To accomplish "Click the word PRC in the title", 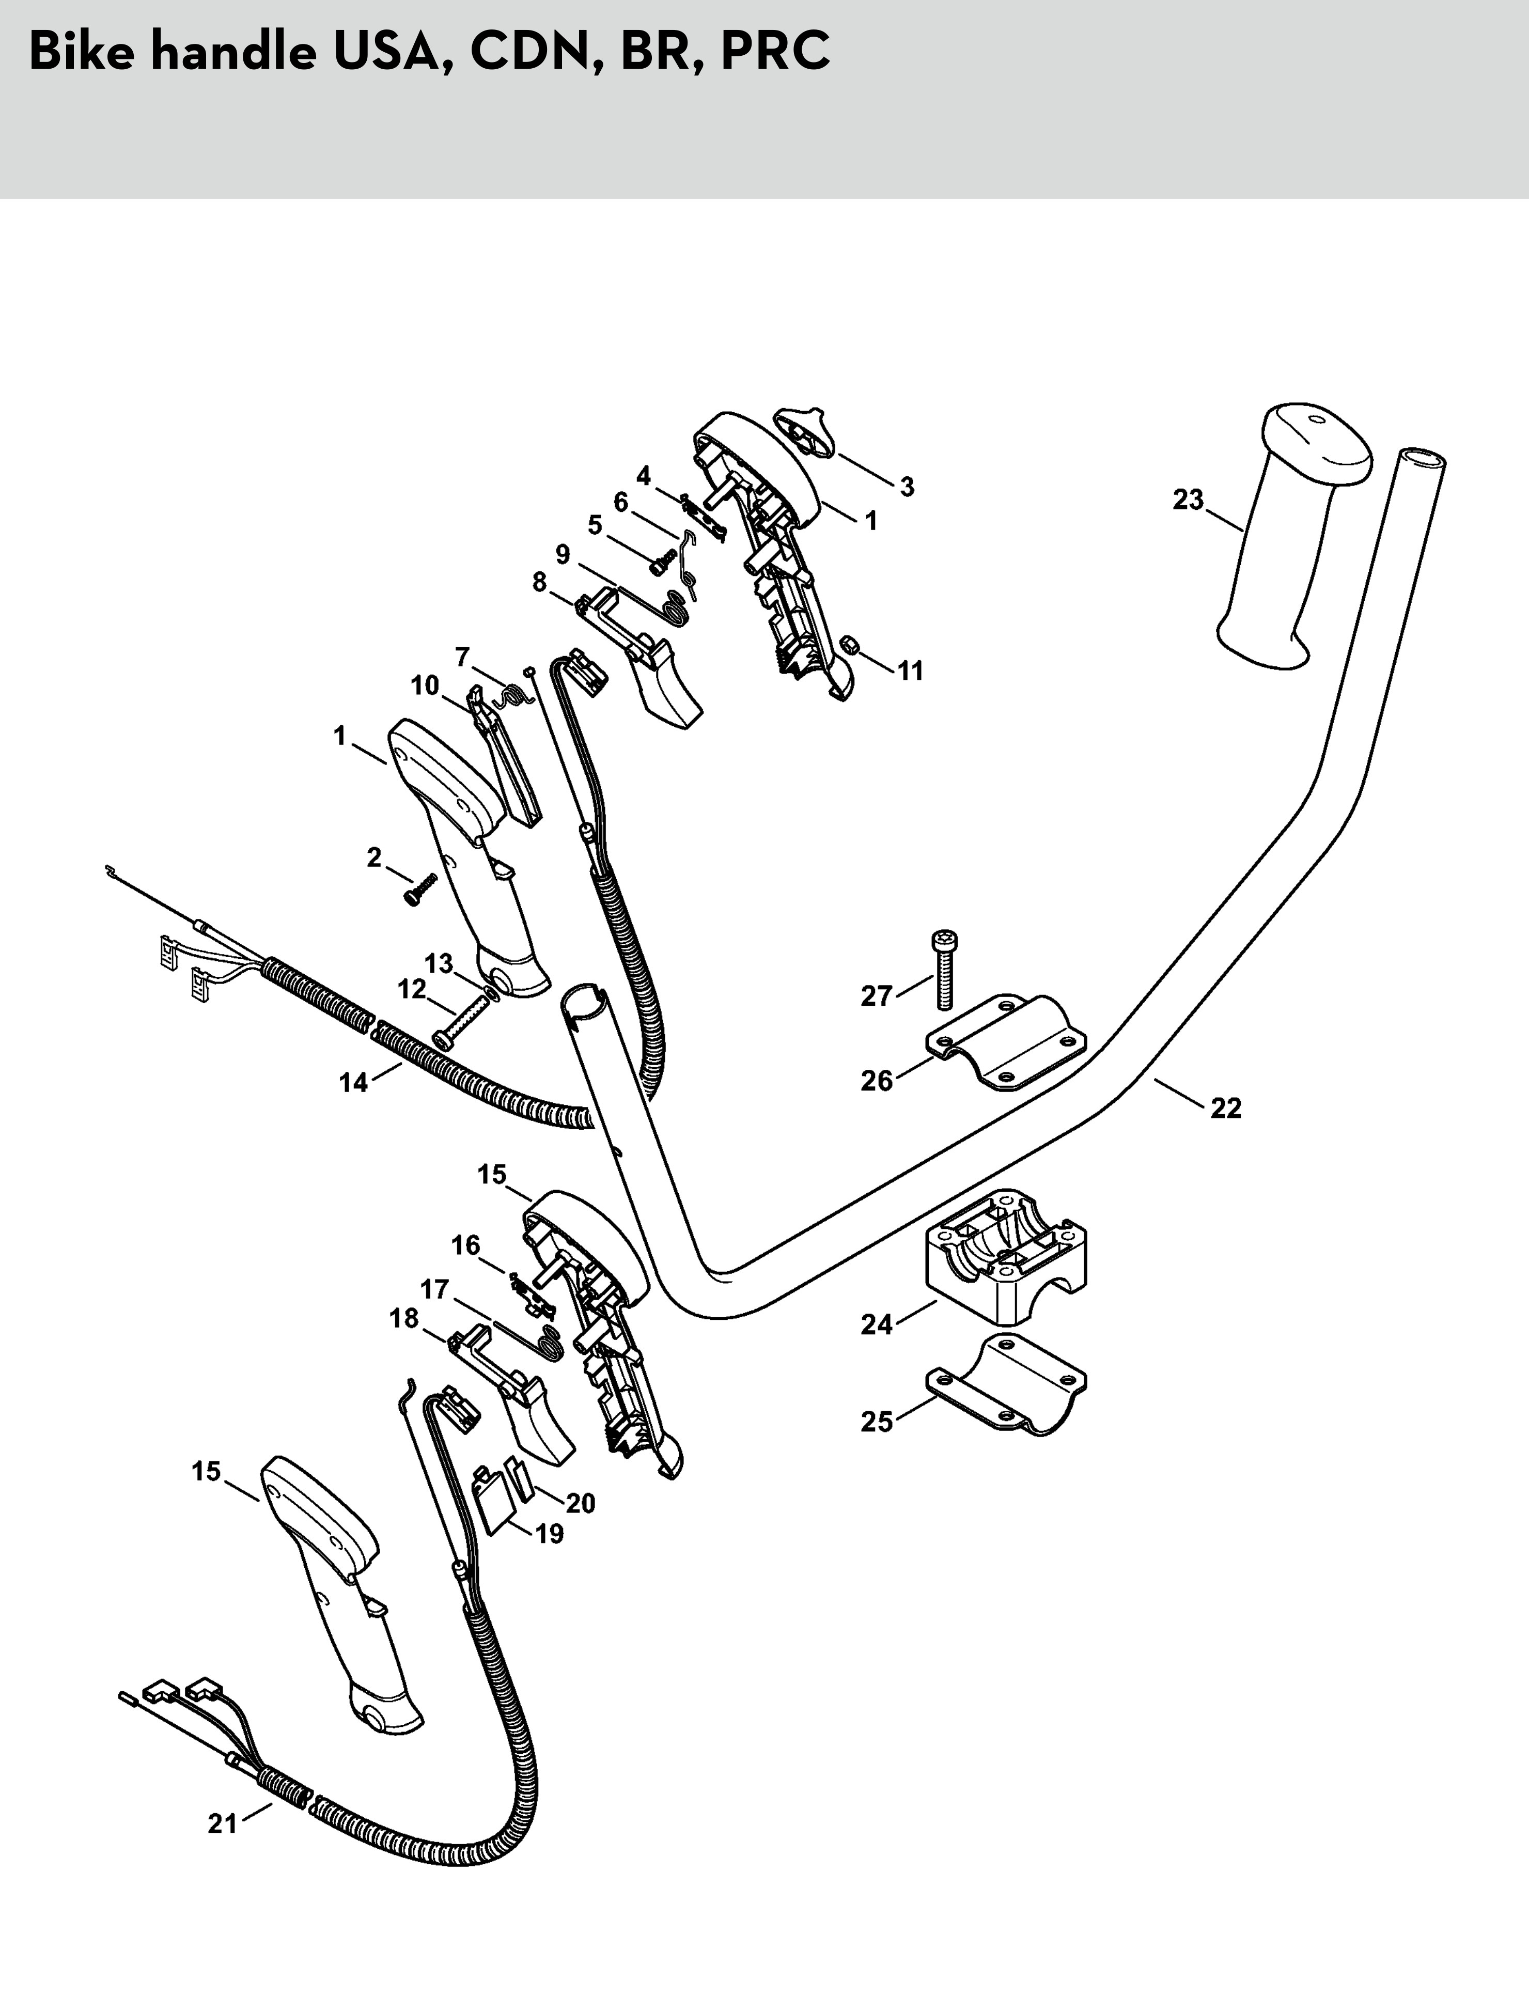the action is pyautogui.click(x=774, y=52).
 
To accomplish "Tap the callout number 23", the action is pyautogui.click(x=1188, y=500).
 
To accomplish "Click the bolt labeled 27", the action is pyautogui.click(x=944, y=969).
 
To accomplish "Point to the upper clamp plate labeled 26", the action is pyautogui.click(x=1006, y=1043).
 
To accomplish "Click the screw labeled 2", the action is pyautogui.click(x=420, y=888).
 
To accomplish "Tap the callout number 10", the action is pyautogui.click(x=425, y=685).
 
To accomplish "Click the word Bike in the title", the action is pyautogui.click(x=80, y=52).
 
